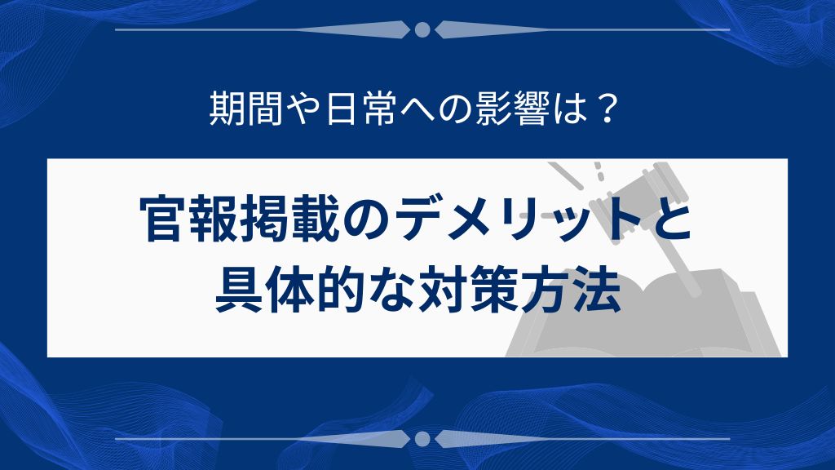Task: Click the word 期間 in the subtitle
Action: pyautogui.click(x=241, y=110)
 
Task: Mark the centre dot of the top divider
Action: pyautogui.click(x=422, y=30)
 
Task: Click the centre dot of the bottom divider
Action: pyautogui.click(x=422, y=439)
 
